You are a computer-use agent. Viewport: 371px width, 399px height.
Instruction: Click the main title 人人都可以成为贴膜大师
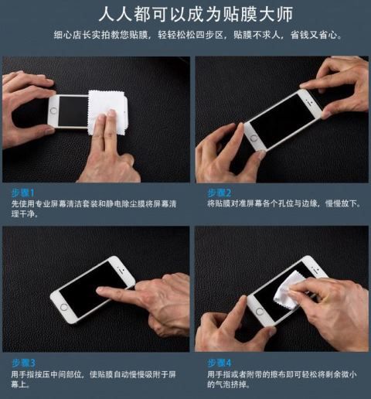[196, 14]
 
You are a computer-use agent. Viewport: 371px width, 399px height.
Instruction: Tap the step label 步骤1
[22, 193]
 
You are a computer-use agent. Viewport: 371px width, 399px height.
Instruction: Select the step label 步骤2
[220, 193]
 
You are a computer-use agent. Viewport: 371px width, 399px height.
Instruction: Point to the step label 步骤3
[23, 363]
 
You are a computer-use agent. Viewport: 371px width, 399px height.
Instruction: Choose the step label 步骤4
[220, 363]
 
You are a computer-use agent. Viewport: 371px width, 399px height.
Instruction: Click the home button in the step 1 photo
[54, 111]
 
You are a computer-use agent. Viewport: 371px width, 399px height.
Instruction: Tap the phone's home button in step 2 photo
[254, 138]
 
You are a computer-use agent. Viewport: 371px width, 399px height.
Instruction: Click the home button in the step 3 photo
[63, 307]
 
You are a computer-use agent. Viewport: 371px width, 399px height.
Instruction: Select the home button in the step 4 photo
[260, 311]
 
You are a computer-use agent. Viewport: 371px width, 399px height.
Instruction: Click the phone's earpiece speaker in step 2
[307, 100]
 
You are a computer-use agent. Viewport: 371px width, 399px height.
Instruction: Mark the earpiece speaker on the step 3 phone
[120, 268]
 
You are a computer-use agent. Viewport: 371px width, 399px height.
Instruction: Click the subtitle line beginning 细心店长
[197, 35]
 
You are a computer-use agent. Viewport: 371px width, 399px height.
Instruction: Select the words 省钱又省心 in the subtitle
[314, 35]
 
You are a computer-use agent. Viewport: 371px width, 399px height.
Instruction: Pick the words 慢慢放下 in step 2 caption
[341, 203]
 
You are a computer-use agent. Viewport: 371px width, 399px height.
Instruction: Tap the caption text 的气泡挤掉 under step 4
[226, 384]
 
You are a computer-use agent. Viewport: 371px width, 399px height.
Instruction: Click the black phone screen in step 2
[282, 121]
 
